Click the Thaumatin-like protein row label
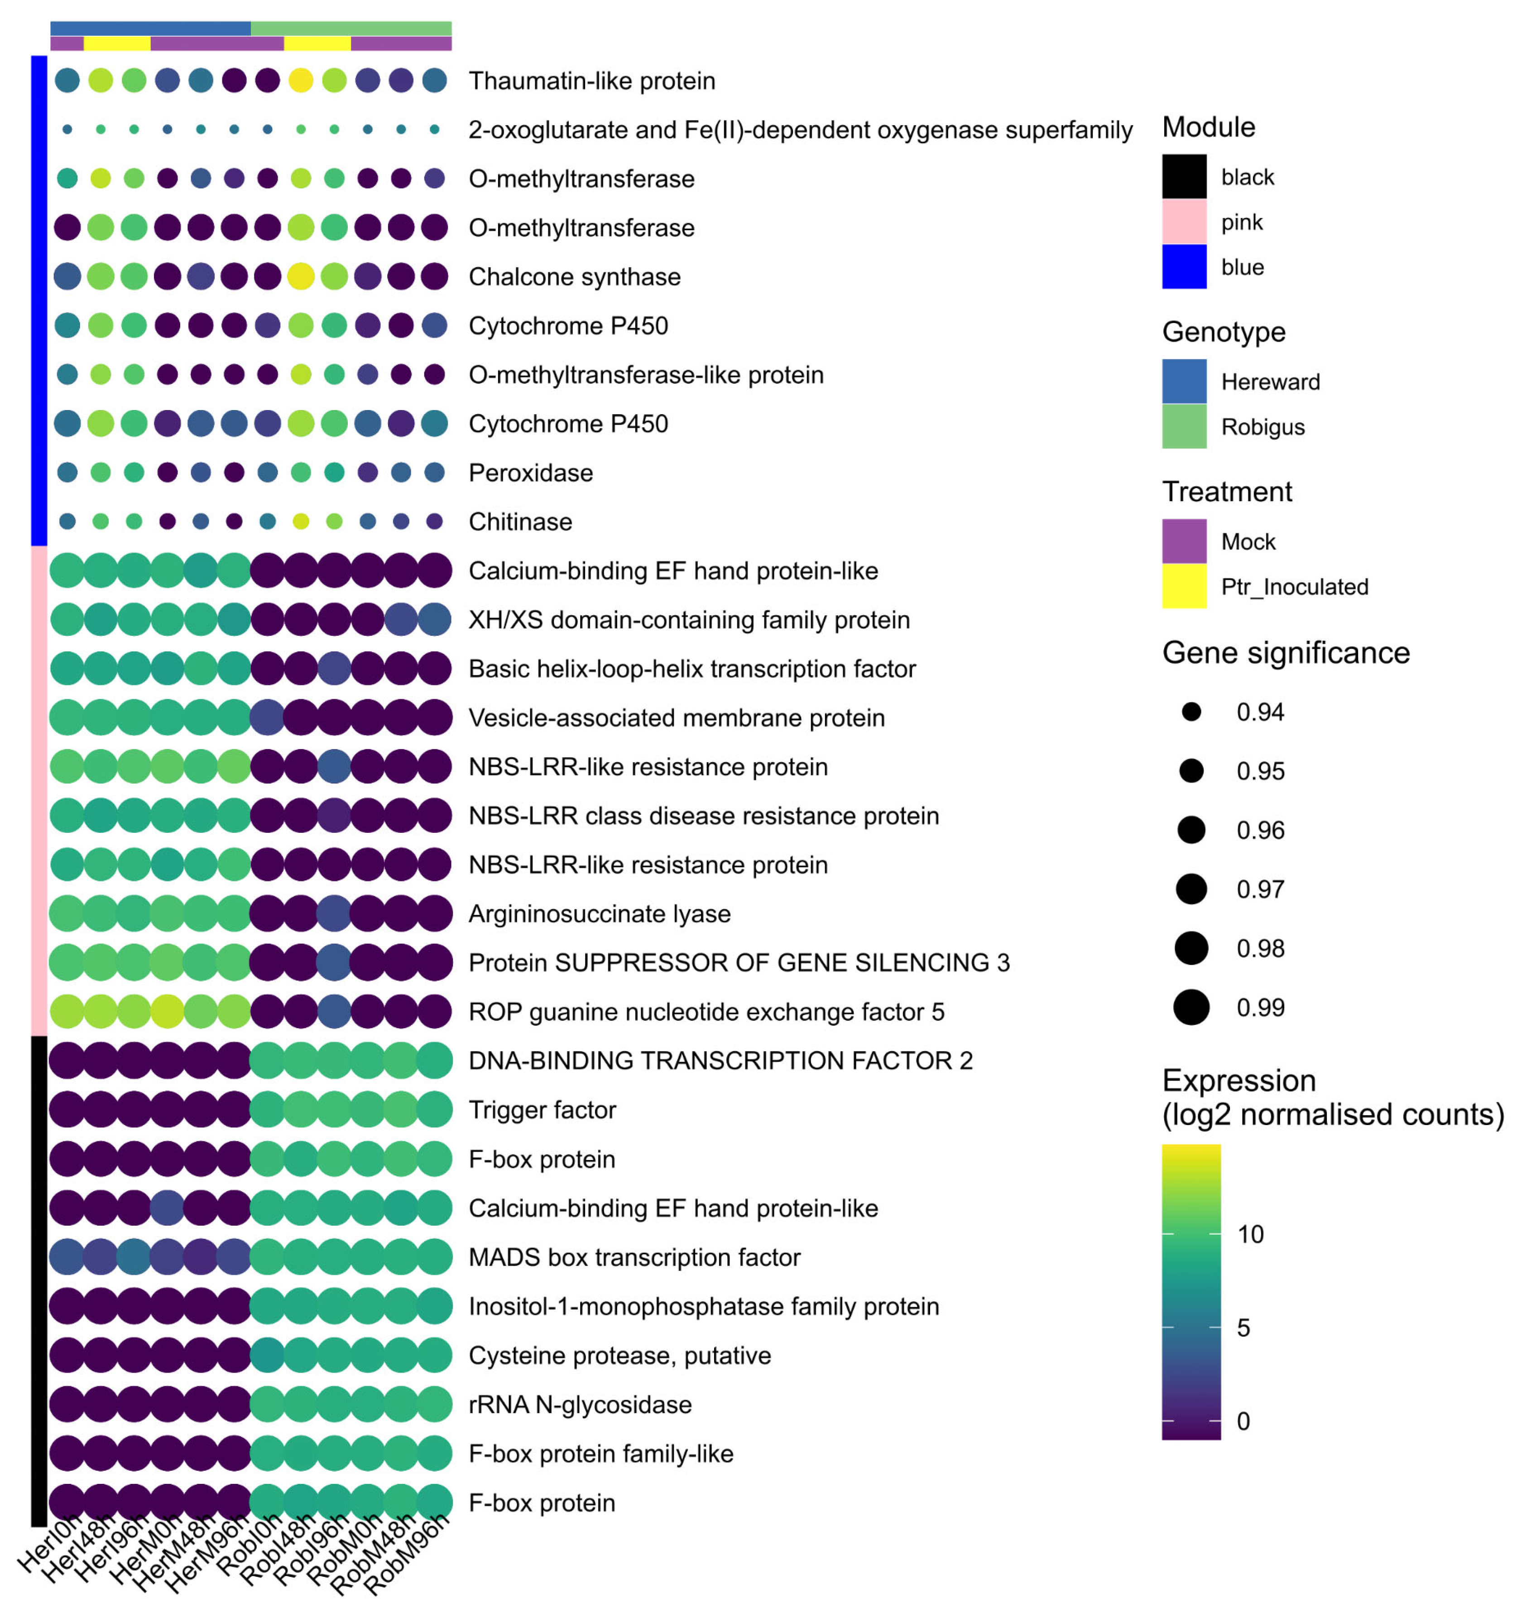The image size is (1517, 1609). (x=591, y=81)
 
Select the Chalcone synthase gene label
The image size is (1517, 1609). (x=575, y=277)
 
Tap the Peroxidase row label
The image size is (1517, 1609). (x=531, y=473)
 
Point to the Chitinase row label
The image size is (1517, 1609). (x=520, y=522)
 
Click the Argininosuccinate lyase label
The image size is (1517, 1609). (x=600, y=914)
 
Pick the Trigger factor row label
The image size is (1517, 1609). (x=542, y=1110)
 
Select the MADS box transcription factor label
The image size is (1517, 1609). (x=634, y=1257)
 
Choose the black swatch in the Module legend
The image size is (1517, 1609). (x=1184, y=176)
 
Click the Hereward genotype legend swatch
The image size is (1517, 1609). (x=1184, y=381)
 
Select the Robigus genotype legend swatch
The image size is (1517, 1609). (x=1184, y=426)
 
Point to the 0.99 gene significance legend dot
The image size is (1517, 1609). (x=1191, y=1008)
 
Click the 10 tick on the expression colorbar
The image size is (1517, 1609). (x=1250, y=1234)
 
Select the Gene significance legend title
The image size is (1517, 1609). (x=1286, y=653)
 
